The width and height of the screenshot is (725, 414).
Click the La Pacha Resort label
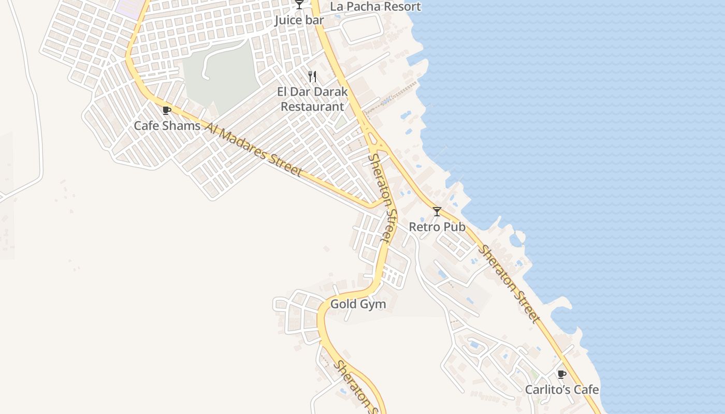(375, 7)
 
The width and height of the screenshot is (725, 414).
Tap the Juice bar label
(299, 20)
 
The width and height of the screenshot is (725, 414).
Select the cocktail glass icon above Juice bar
(299, 5)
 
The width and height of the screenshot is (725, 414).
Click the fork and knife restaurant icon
(312, 77)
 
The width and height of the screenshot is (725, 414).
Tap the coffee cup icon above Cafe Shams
(167, 110)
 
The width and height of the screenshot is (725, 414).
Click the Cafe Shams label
(167, 126)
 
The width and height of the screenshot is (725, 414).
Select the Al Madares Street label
(253, 149)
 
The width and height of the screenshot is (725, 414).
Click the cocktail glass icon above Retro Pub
(437, 211)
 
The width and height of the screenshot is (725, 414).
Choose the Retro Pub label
(437, 227)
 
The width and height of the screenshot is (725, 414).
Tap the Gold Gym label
(358, 304)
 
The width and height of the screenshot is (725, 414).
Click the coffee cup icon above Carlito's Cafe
(562, 374)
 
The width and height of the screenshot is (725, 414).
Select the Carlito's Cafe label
(562, 390)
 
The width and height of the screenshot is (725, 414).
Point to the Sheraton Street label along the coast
(509, 284)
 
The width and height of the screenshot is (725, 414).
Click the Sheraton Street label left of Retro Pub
(383, 198)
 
